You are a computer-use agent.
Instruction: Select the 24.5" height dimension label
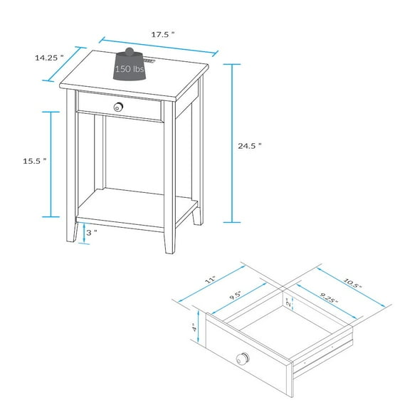pos(250,145)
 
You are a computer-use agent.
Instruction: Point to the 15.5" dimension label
pos(34,161)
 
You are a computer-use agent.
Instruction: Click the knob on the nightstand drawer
pos(117,107)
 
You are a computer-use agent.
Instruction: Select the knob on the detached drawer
pos(243,357)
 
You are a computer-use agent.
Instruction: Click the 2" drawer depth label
pos(288,302)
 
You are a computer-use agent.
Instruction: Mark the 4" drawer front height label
pos(194,329)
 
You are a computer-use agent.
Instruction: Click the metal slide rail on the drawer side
pos(324,359)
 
